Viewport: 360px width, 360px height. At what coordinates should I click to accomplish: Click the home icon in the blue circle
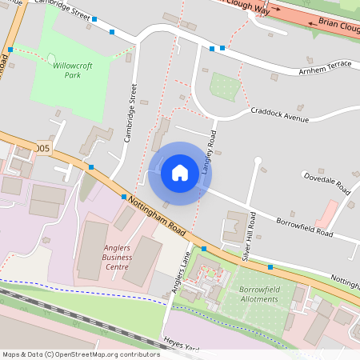pyautogui.click(x=179, y=172)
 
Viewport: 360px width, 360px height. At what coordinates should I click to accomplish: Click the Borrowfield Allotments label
pyautogui.click(x=259, y=294)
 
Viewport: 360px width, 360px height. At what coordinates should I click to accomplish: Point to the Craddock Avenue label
pyautogui.click(x=279, y=114)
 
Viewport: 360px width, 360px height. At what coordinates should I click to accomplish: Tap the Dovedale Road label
pyautogui.click(x=326, y=182)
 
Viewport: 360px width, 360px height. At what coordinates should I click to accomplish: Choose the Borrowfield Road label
pyautogui.click(x=304, y=226)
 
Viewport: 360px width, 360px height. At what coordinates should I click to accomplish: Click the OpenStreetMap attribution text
pyautogui.click(x=81, y=354)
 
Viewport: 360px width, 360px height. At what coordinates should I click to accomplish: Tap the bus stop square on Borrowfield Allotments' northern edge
pyautogui.click(x=270, y=266)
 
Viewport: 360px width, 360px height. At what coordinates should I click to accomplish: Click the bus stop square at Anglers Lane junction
pyautogui.click(x=204, y=249)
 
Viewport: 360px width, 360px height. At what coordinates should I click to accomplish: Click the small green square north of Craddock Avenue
pyautogui.click(x=224, y=85)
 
